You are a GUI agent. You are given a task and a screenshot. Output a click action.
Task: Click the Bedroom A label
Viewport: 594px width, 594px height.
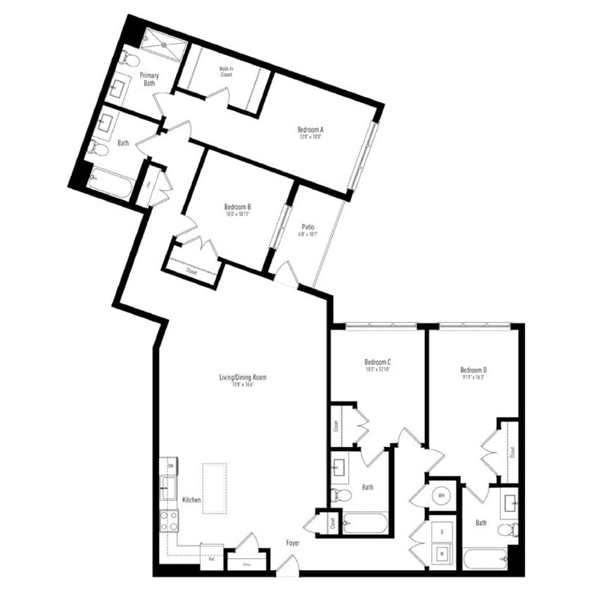[310, 129]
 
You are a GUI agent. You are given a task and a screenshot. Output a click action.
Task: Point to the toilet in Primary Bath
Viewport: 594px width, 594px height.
[129, 58]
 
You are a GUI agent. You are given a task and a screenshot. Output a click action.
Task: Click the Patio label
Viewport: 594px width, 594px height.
[308, 227]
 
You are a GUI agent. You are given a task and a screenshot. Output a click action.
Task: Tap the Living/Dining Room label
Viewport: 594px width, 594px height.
[242, 377]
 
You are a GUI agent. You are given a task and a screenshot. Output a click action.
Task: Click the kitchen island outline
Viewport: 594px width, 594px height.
[214, 488]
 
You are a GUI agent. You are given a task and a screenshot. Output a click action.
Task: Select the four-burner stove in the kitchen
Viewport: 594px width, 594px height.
[169, 521]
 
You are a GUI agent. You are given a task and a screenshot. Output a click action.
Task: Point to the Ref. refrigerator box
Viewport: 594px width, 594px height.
[211, 559]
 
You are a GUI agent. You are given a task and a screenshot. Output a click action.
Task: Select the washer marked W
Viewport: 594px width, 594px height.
[442, 553]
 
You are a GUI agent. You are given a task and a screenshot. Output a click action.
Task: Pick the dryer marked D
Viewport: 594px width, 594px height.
[442, 532]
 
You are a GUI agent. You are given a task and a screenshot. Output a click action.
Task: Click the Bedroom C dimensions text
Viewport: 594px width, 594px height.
[378, 369]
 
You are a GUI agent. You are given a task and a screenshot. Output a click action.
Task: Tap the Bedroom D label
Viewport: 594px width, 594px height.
[474, 369]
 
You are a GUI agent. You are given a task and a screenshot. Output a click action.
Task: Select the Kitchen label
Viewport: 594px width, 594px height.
[192, 500]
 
